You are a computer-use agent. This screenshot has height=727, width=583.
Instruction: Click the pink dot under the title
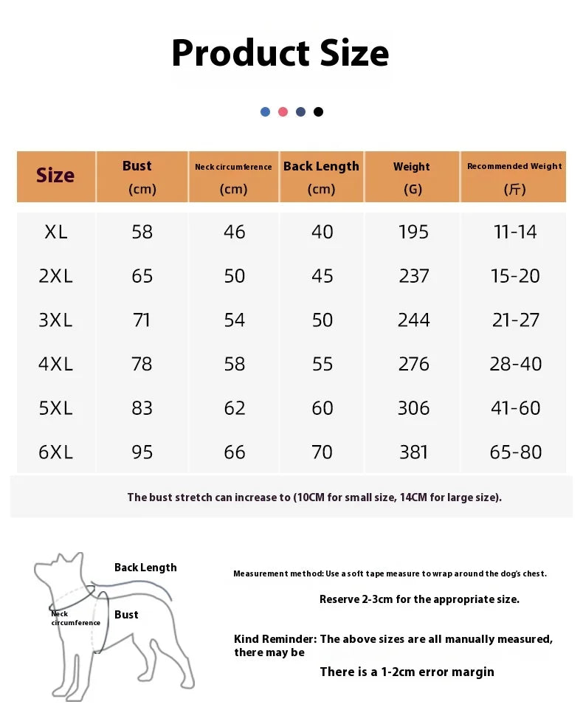pos(283,112)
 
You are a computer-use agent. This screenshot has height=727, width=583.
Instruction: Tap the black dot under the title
pos(318,112)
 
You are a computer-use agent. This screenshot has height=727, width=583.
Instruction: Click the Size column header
pos(55,176)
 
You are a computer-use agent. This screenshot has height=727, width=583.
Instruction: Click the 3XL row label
pos(56,320)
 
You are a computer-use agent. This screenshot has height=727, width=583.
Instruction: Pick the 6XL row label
pos(56,452)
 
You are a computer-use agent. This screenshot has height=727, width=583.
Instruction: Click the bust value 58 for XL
pos(142,232)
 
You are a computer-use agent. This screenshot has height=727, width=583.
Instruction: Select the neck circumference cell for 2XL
pos(234,276)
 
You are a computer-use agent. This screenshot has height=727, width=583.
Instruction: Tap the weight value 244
pos(413,320)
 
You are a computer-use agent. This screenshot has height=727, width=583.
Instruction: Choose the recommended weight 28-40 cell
pos(515,364)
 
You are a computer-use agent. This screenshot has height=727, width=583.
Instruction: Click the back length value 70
pos(322,452)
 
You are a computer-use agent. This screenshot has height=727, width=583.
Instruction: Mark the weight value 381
pos(413,452)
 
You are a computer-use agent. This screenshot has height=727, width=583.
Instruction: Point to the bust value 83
pos(142,408)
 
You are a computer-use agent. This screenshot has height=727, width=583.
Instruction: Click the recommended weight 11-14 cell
pos(515,232)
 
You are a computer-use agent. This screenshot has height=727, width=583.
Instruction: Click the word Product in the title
pos(229,53)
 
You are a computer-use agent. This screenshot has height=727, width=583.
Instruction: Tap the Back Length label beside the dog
pos(145,568)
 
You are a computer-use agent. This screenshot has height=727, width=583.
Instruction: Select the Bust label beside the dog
pos(126,615)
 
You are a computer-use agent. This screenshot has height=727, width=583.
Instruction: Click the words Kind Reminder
pos(275,639)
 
